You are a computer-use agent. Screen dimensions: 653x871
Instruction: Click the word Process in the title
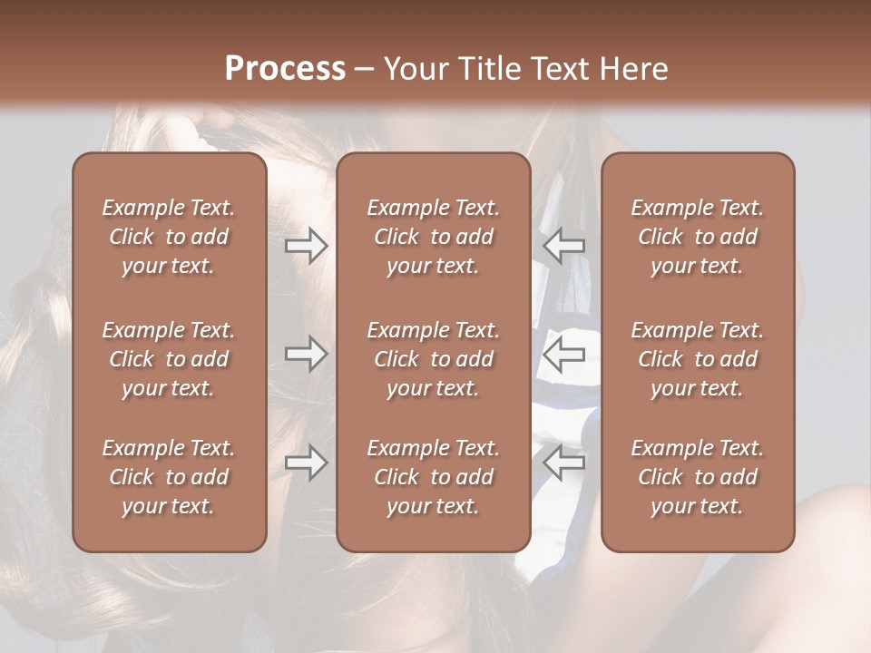(x=285, y=69)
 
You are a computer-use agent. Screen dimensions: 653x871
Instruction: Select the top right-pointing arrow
(x=307, y=246)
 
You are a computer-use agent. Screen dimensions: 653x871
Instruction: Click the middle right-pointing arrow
(x=307, y=355)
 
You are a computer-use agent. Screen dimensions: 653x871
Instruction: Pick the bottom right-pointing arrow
(x=307, y=463)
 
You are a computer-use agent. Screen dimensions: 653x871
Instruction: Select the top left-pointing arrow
(x=563, y=246)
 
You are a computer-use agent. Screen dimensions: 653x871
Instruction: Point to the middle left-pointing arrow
(x=563, y=355)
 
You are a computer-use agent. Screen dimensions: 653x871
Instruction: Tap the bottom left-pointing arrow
(x=563, y=463)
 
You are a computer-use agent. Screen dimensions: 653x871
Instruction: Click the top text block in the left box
(x=169, y=237)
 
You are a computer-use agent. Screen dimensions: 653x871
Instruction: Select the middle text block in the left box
(x=169, y=359)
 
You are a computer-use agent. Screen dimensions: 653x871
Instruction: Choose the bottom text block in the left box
(x=169, y=477)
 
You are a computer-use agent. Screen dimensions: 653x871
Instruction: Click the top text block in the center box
(x=433, y=237)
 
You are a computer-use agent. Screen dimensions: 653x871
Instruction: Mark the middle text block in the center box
(x=433, y=359)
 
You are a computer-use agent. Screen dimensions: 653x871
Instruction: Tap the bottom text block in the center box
(x=433, y=477)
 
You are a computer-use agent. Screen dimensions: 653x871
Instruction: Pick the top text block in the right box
(x=697, y=237)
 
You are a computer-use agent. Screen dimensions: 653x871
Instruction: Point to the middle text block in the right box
(x=697, y=359)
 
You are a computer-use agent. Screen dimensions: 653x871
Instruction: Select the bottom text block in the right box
(x=697, y=477)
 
